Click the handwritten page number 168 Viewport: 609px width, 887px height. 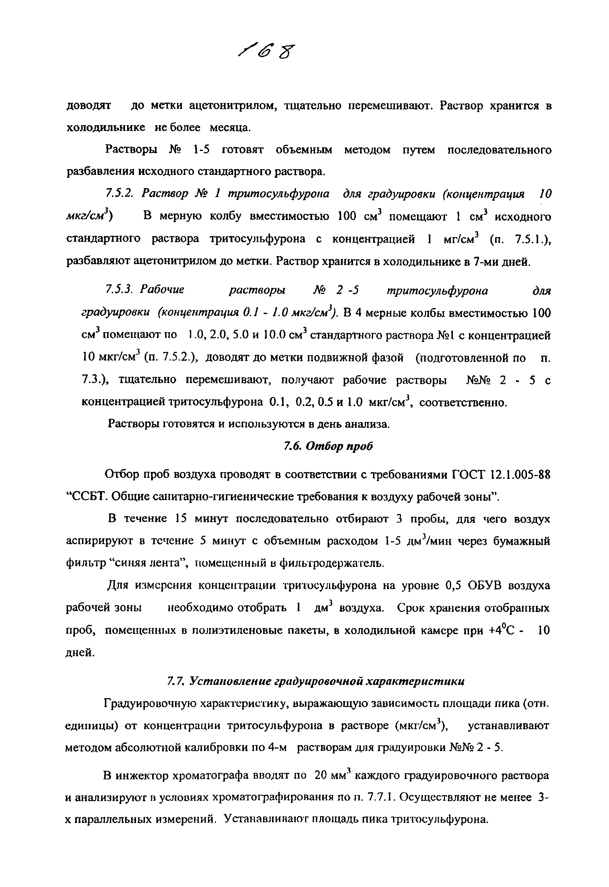pos(267,51)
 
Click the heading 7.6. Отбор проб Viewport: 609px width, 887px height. pos(328,446)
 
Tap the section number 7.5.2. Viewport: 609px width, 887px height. pos(119,194)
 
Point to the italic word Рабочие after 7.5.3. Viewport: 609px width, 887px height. pos(161,290)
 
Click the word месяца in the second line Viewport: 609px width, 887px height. pos(230,127)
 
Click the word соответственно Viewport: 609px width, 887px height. pos(463,402)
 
